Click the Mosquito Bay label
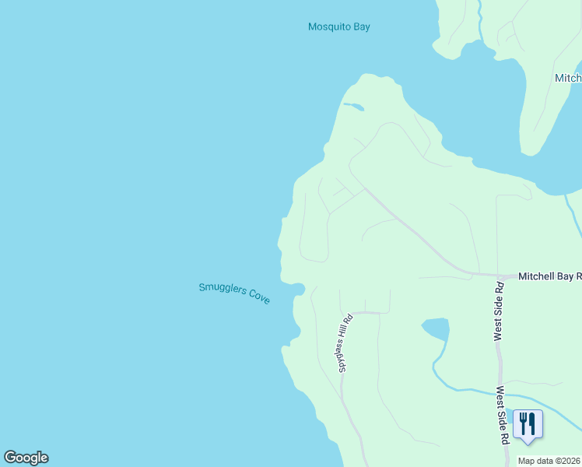pyautogui.click(x=338, y=26)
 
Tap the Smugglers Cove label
pyautogui.click(x=234, y=293)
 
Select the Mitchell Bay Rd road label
pyautogui.click(x=549, y=276)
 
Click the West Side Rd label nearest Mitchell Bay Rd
pyautogui.click(x=499, y=311)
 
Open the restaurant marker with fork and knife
pyautogui.click(x=528, y=424)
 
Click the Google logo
pyautogui.click(x=26, y=458)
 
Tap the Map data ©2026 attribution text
pyautogui.click(x=549, y=461)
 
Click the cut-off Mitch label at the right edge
pyautogui.click(x=568, y=78)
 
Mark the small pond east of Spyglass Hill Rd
pyautogui.click(x=436, y=329)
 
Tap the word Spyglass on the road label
pyautogui.click(x=344, y=355)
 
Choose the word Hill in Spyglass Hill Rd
pyautogui.click(x=348, y=330)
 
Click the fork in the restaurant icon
pyautogui.click(x=524, y=423)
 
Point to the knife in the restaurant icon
pyautogui.click(x=533, y=423)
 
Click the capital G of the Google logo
pyautogui.click(x=10, y=458)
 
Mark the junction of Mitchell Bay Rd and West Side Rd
pyautogui.click(x=498, y=276)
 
